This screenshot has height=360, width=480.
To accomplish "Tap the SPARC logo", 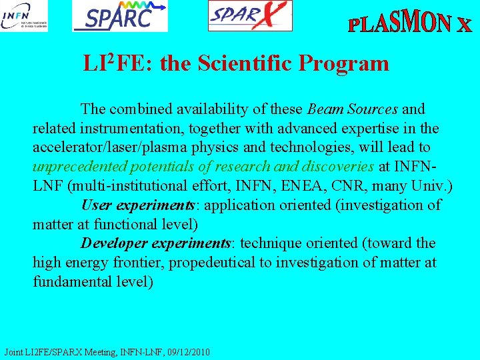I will (121, 16).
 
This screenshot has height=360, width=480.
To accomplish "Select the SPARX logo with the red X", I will (250, 15).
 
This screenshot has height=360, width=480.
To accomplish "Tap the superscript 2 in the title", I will (111, 58).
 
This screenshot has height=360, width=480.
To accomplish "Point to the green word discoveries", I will (337, 167).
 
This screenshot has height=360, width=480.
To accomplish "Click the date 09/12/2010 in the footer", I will (188, 351).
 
